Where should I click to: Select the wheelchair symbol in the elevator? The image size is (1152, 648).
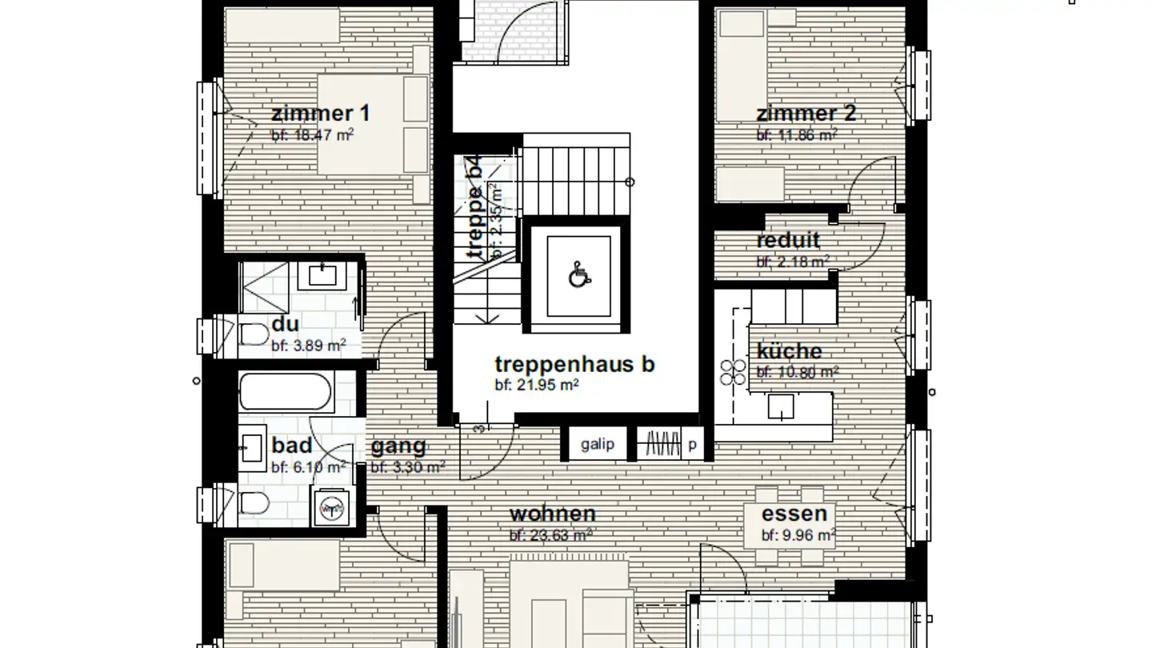(578, 276)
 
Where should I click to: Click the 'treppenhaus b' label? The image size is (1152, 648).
(574, 364)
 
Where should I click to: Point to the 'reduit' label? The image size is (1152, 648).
(788, 240)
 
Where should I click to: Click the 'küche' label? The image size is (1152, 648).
(789, 351)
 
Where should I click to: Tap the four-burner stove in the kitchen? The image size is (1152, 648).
(732, 373)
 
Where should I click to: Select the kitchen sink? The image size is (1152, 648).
(781, 406)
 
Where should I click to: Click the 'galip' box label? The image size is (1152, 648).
(598, 444)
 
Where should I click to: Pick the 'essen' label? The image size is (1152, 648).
(794, 514)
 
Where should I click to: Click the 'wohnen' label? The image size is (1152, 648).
(552, 514)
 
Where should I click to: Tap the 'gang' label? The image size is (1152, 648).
(398, 447)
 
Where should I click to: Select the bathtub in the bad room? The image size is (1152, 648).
(285, 393)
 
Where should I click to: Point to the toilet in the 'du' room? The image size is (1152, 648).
(254, 335)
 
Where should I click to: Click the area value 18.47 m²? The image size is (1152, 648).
(312, 135)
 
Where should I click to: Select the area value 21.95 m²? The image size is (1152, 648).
(536, 385)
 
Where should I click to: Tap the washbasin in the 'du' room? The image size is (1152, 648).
(322, 276)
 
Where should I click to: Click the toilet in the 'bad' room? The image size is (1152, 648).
(254, 503)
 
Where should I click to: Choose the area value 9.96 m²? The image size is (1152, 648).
(798, 535)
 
